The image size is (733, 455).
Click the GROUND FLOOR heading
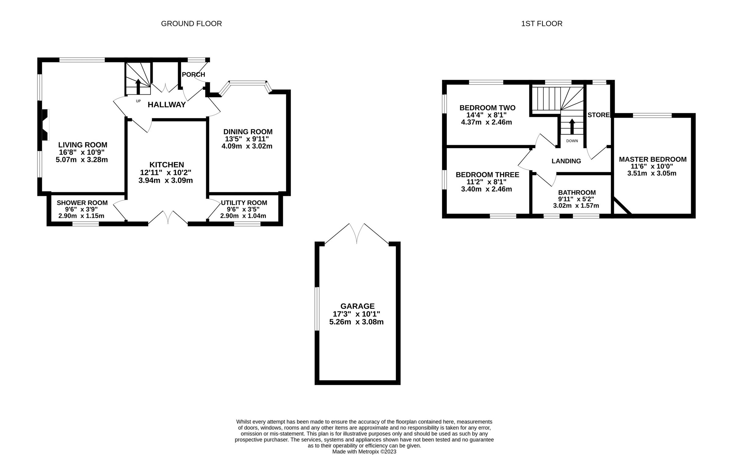pos(191,24)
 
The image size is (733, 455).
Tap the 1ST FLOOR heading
pos(542,24)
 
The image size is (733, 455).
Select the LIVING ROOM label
pos(83,145)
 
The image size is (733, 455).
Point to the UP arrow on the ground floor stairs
pos(138,86)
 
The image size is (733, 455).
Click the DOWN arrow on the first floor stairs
pos(572,126)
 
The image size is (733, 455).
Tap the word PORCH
pos(193,75)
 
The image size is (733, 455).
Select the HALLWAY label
pos(166,105)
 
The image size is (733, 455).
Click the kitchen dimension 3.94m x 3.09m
pos(166,180)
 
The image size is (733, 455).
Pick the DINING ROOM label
pos(248,132)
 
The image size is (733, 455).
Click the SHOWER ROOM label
pos(82,203)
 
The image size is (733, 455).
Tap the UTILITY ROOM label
pos(244,203)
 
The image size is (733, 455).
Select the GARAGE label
pos(357,306)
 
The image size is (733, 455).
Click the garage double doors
pos(357,234)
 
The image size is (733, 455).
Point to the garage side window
pos(317,309)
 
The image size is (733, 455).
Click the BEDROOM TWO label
pos(487,108)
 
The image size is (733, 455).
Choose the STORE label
pos(598,115)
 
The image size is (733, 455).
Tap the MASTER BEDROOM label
pos(652,159)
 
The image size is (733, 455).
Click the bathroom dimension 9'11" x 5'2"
pos(576,199)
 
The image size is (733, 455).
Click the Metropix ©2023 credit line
pos(364,452)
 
